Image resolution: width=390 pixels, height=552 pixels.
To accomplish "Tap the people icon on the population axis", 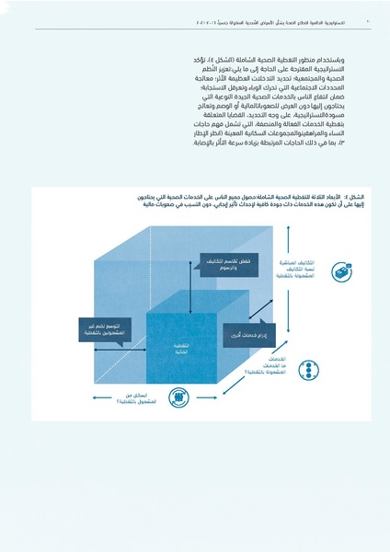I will click(172, 397).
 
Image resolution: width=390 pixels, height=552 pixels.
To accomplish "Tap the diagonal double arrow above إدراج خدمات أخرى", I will click(252, 313).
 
